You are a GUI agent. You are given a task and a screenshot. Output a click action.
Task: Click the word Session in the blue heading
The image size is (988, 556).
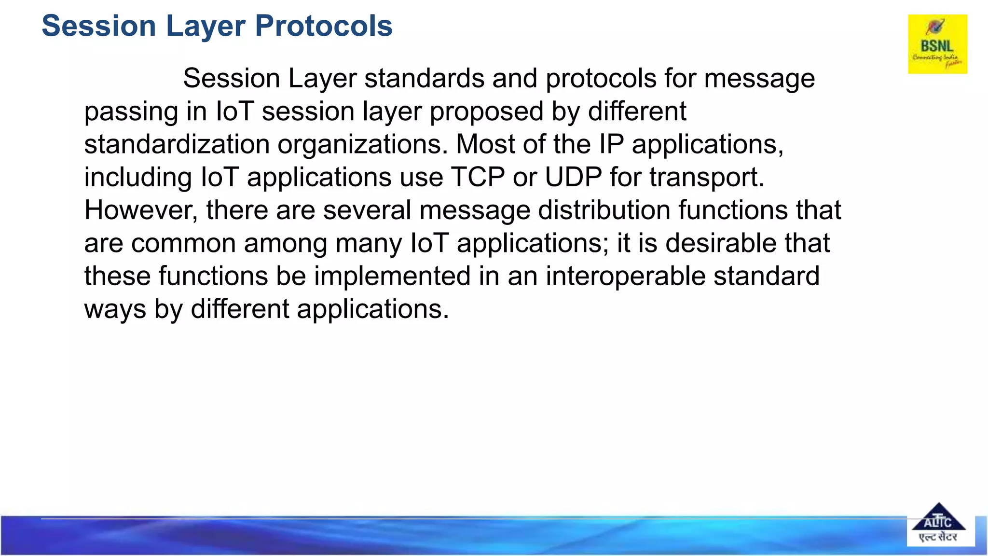click(99, 26)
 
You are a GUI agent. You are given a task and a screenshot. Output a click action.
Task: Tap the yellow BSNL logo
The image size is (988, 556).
click(937, 44)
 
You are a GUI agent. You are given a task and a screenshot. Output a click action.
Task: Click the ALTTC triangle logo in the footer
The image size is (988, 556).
click(938, 524)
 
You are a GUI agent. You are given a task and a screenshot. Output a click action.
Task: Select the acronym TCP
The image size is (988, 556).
click(478, 177)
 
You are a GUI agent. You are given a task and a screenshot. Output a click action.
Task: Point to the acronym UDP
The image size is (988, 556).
click(573, 177)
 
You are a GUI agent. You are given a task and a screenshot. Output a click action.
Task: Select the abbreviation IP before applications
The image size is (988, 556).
click(611, 144)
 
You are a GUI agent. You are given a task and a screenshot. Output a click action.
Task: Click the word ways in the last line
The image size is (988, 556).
click(115, 309)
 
